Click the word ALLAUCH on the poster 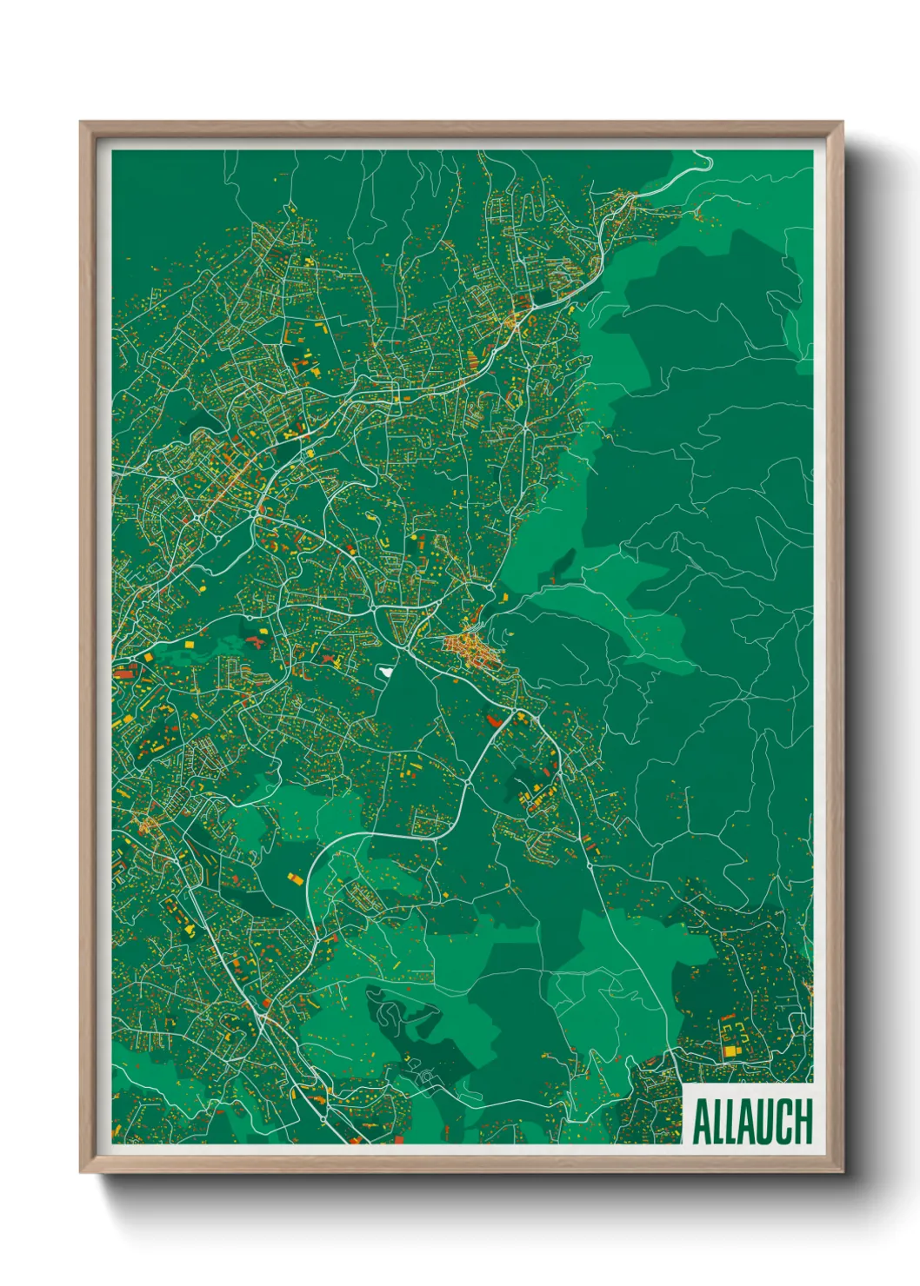point(752,1122)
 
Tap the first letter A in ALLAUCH point(701,1122)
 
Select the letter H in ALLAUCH point(803,1122)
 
